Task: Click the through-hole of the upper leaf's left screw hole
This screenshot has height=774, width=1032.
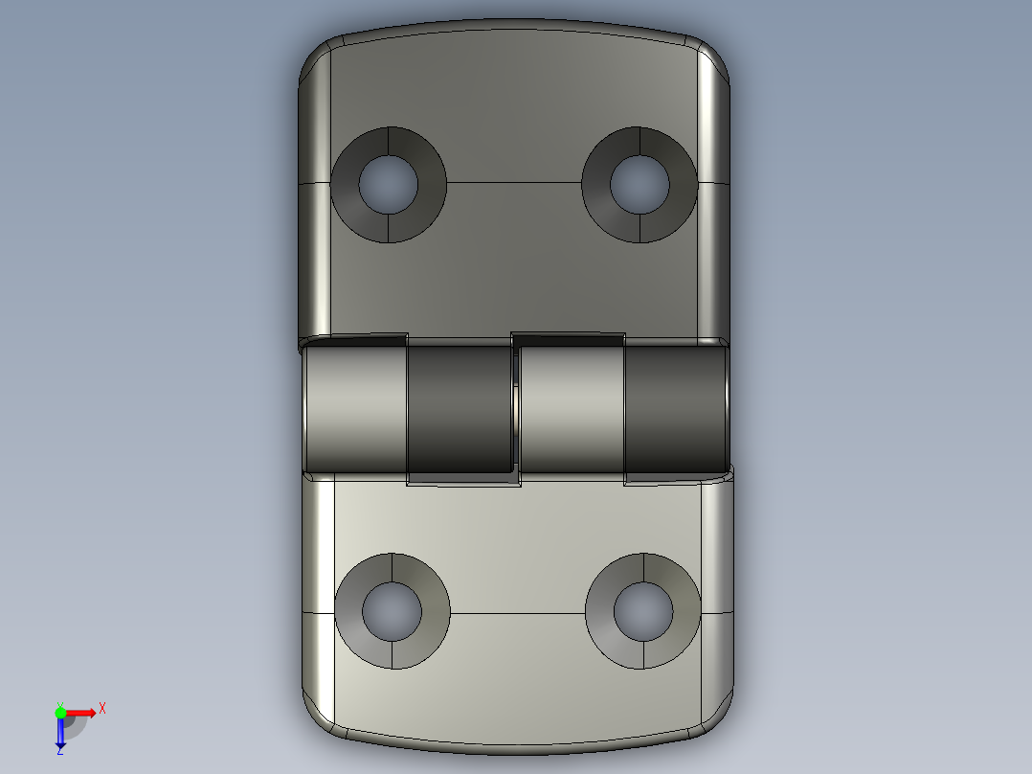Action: pyautogui.click(x=389, y=184)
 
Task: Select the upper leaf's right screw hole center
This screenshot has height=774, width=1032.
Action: pyautogui.click(x=639, y=184)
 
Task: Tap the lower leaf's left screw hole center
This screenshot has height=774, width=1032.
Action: pyautogui.click(x=393, y=611)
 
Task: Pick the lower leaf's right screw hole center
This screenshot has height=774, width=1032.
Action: pyautogui.click(x=643, y=611)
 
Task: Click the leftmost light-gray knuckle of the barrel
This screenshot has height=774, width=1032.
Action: pyautogui.click(x=357, y=410)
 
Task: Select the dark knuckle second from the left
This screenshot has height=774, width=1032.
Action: pyautogui.click(x=460, y=410)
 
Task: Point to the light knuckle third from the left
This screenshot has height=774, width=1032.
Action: pyautogui.click(x=572, y=410)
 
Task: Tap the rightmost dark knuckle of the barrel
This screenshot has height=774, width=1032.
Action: pyautogui.click(x=674, y=410)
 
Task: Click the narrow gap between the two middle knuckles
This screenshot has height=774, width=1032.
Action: pyautogui.click(x=516, y=410)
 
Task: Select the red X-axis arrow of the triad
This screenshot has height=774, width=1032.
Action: pyautogui.click(x=82, y=712)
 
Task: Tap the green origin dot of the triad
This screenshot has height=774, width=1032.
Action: pyautogui.click(x=60, y=712)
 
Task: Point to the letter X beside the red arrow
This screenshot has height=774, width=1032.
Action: pyautogui.click(x=102, y=709)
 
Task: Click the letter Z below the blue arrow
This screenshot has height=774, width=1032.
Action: pyautogui.click(x=59, y=751)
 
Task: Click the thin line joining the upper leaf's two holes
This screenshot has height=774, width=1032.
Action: pyautogui.click(x=514, y=182)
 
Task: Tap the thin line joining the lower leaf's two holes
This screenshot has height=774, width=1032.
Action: pyautogui.click(x=517, y=612)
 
